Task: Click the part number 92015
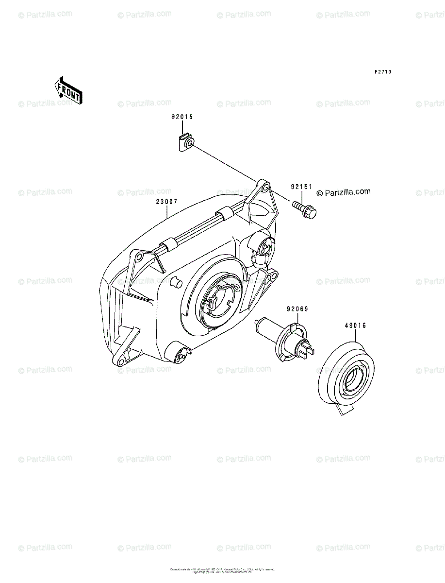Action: [182, 117]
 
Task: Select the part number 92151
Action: [301, 187]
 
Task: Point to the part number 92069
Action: [297, 309]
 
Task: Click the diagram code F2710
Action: [382, 72]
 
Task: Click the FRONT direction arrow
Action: [68, 90]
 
